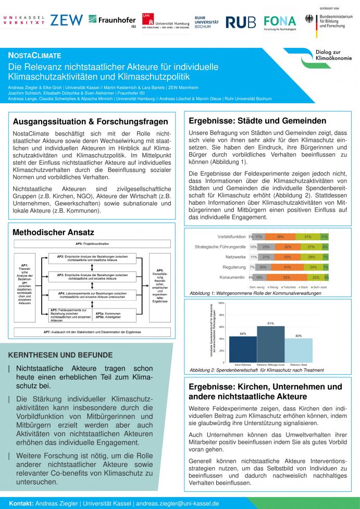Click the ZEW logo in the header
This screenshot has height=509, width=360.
pos(66,20)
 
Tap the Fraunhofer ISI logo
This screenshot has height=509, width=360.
pos(112,20)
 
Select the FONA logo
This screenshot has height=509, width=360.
pos(279,22)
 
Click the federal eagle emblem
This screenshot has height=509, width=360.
pos(310,19)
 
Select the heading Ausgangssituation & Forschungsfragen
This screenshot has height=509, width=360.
pos(90,121)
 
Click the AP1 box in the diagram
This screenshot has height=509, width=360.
pos(24,284)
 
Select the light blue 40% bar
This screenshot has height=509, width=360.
pos(299,350)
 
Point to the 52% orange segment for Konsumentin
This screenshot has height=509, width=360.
pos(287,278)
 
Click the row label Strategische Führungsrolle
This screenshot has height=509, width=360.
pos(220,247)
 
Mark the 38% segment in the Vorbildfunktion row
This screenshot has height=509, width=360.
pos(280,237)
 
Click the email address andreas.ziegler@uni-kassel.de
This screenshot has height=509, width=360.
pos(177,504)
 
